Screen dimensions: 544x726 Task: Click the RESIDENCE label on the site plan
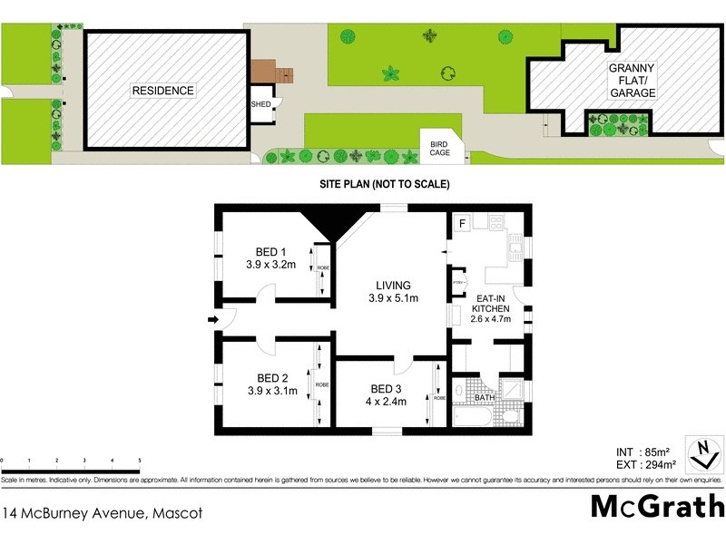(x=163, y=91)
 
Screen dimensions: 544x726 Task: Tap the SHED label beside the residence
(x=260, y=103)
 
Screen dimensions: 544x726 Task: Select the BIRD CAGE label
(x=440, y=148)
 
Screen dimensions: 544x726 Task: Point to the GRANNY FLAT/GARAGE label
(x=633, y=81)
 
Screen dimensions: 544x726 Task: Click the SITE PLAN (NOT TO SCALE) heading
(x=384, y=184)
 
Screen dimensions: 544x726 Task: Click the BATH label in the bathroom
(x=485, y=397)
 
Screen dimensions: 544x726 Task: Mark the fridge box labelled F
(x=462, y=223)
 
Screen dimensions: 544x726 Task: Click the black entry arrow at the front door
(x=212, y=320)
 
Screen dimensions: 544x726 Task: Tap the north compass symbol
(x=700, y=454)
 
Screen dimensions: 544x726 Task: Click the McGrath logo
(x=657, y=507)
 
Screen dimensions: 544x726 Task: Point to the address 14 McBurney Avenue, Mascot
(x=102, y=513)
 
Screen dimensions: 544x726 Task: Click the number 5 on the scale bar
(x=139, y=461)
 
